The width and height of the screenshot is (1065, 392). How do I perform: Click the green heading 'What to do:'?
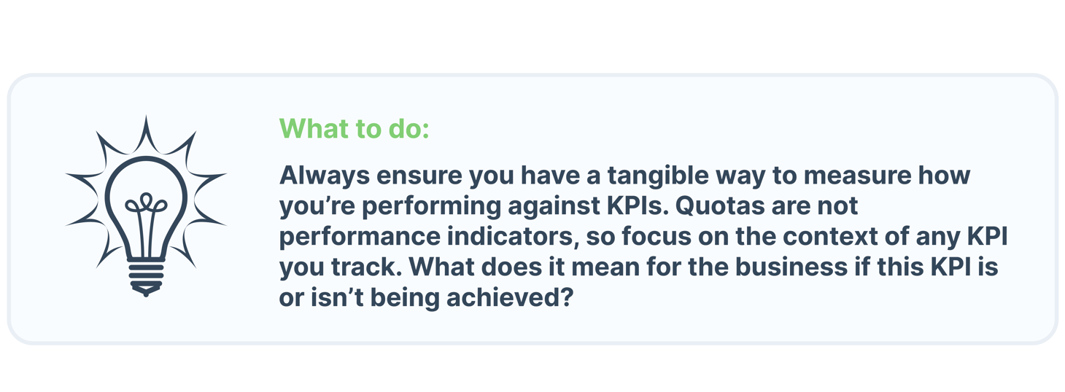[x=355, y=129]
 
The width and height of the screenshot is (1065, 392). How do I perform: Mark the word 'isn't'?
[x=336, y=298]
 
